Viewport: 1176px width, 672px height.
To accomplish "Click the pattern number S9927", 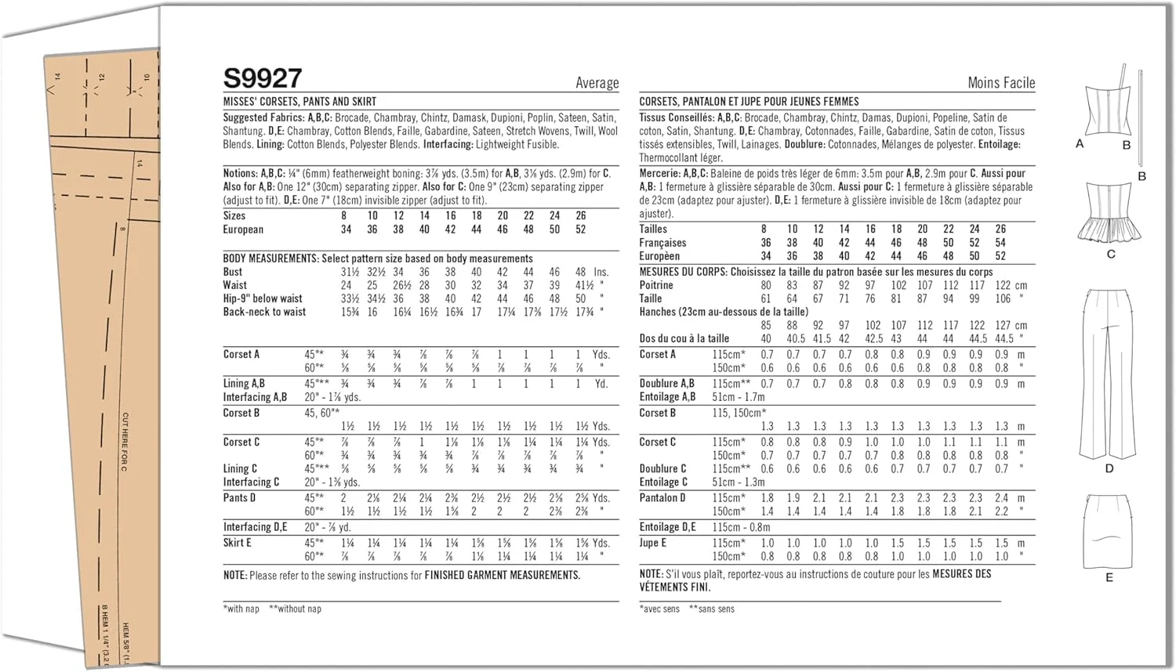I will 263,78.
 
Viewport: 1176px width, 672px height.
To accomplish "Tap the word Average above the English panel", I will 597,83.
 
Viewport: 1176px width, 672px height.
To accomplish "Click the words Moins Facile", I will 1001,82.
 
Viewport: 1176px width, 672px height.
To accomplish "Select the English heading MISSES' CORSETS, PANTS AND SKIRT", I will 299,102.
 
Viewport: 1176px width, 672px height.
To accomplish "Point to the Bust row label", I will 233,272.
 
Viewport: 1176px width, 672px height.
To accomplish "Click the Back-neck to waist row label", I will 264,312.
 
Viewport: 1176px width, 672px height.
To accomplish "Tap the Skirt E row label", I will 237,542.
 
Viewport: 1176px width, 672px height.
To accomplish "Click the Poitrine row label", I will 656,285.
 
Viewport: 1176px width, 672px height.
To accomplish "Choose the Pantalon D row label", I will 662,497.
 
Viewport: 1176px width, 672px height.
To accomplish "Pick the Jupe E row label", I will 652,542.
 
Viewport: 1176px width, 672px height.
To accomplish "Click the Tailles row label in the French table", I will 653,229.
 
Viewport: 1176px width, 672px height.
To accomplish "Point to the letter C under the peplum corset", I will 1111,254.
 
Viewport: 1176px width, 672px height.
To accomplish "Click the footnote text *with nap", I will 241,609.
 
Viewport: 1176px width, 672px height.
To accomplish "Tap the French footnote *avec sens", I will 659,609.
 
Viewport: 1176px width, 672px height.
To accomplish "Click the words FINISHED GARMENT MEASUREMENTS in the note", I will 502,575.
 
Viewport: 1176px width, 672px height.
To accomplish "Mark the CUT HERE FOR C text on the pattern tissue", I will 125,442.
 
